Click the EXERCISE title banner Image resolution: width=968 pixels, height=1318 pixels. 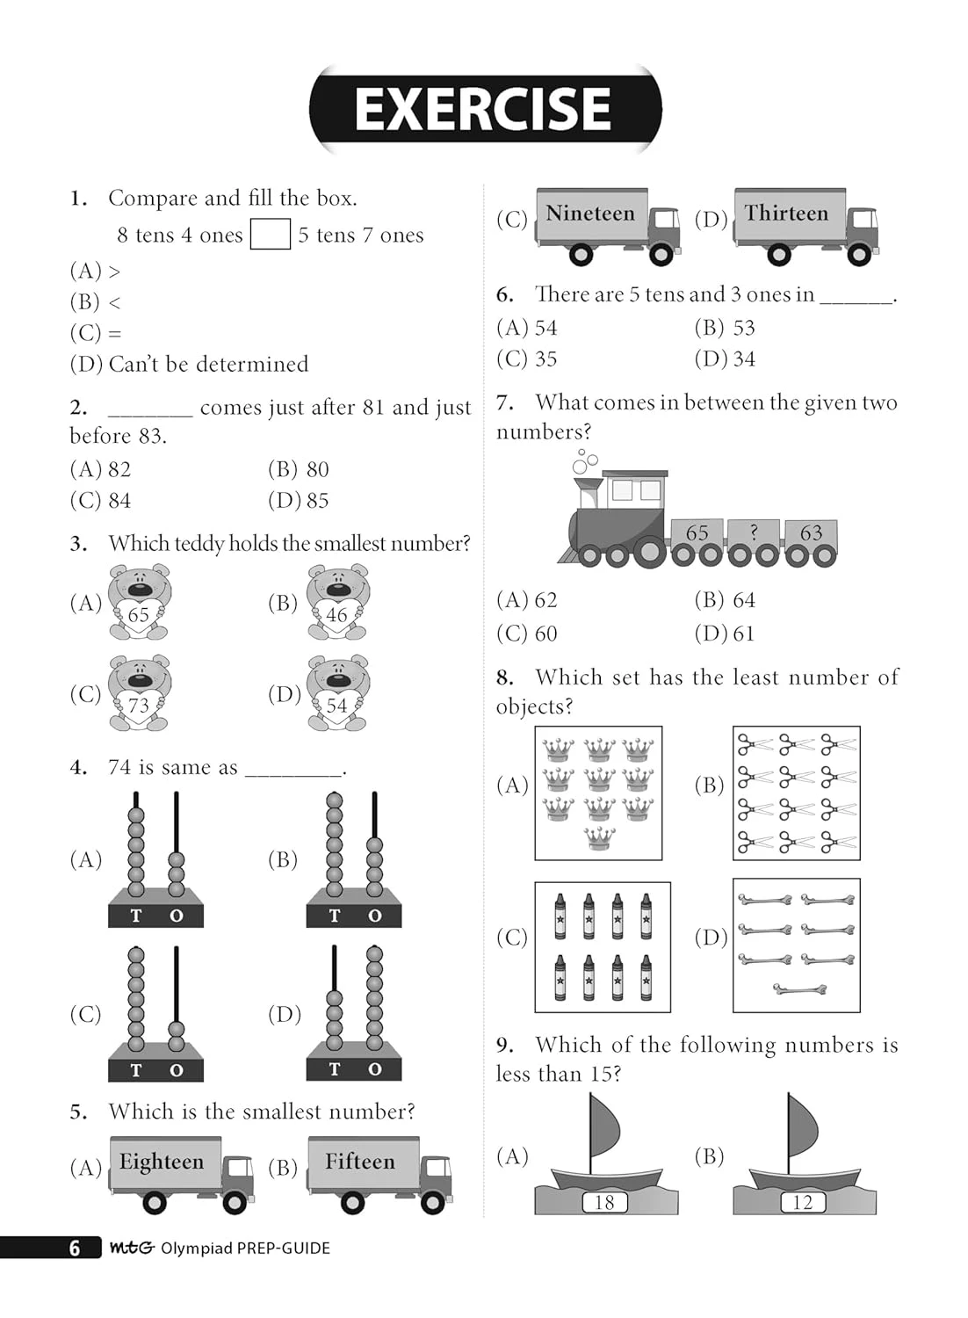pos(484,109)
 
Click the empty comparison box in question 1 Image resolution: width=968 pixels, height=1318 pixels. pos(270,235)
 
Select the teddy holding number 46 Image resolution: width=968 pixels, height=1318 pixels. pos(338,603)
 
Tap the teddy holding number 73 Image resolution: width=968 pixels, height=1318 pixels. pos(140,694)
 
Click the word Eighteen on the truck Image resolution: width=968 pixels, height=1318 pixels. pos(162,1162)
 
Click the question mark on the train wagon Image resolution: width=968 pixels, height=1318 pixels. pos(753,532)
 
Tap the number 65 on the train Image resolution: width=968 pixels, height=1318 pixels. pos(697,532)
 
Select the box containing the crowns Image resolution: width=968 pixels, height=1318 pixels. pos(598,793)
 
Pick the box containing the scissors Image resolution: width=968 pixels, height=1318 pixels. pos(796,793)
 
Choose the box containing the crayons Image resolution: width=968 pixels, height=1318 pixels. pos(602,947)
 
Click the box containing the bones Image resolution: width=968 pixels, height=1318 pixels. pos(796,945)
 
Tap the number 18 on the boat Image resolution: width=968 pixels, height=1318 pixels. pos(604,1202)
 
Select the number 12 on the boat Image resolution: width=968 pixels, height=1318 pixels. pos(803,1202)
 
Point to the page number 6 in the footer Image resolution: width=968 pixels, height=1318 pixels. pos(75,1248)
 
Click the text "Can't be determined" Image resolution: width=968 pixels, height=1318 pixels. pos(208,364)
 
